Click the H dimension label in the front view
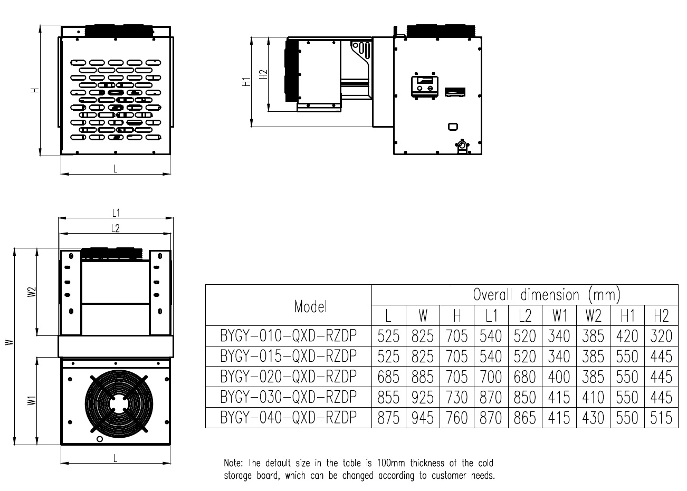35,90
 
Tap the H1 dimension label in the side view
246,82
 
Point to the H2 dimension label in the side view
263,74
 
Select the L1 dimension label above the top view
116,213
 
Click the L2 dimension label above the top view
116,228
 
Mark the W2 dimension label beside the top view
32,292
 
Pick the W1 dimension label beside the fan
32,401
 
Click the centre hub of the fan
119,403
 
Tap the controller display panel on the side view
424,86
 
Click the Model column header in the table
311,306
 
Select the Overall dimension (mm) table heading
547,294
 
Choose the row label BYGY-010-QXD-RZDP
289,335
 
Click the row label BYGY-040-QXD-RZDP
289,418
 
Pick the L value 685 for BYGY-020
388,377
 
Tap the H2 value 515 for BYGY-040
661,418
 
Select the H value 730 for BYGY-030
457,397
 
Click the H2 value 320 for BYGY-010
661,336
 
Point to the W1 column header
560,316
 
